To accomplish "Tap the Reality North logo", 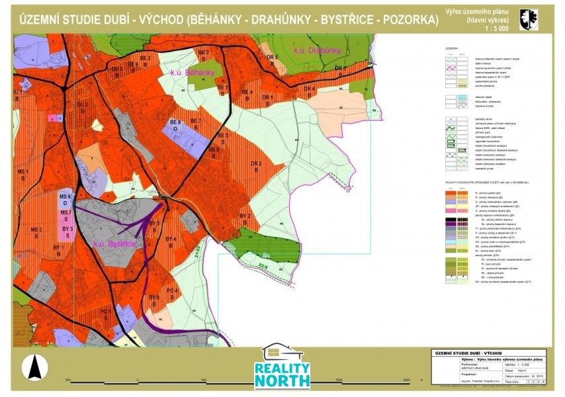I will point(282,367).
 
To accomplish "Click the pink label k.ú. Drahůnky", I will point(317,50).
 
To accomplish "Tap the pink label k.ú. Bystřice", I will point(114,244).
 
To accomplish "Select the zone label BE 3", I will point(224,138).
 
